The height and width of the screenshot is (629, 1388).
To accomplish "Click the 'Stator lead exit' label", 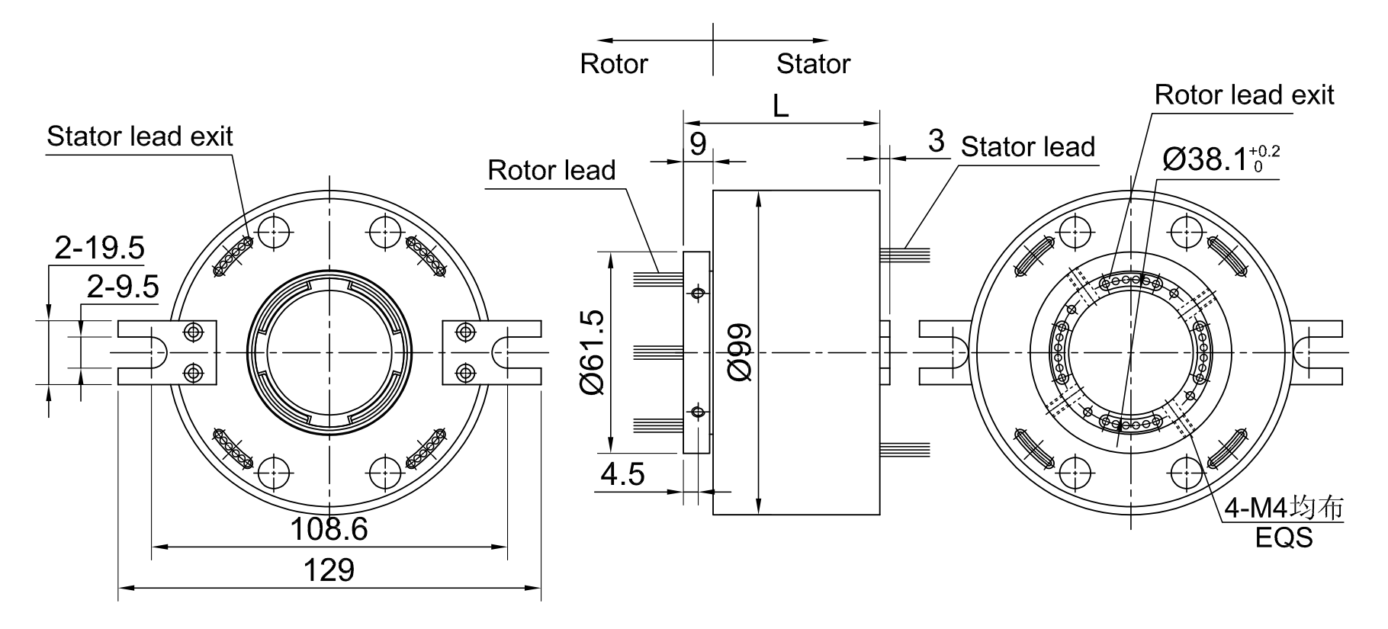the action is click(140, 136).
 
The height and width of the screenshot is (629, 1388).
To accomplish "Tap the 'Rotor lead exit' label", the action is click(1244, 95).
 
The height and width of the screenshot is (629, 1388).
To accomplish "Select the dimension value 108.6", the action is click(329, 528).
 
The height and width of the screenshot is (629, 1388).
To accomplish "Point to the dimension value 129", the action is click(329, 570).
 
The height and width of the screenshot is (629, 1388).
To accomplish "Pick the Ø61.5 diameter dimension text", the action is click(593, 352).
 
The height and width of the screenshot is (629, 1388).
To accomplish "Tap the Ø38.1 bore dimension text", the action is click(1220, 159).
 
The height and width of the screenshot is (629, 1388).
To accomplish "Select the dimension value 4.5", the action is click(622, 474).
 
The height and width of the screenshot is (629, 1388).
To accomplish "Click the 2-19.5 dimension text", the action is click(99, 248).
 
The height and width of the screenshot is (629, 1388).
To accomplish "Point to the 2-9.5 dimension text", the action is click(123, 287).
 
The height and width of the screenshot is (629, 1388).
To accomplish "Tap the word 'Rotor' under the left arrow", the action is click(614, 63).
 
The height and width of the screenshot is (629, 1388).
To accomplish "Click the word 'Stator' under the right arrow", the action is click(813, 63).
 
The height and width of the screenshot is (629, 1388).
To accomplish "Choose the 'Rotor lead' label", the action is click(551, 170).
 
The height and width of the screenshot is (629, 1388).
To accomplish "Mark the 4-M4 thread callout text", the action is click(1284, 509).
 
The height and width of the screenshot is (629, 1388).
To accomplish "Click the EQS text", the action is click(1284, 538).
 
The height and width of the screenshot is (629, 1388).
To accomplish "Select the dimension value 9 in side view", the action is click(698, 143).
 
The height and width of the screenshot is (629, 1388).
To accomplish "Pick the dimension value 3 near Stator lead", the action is click(937, 141).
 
